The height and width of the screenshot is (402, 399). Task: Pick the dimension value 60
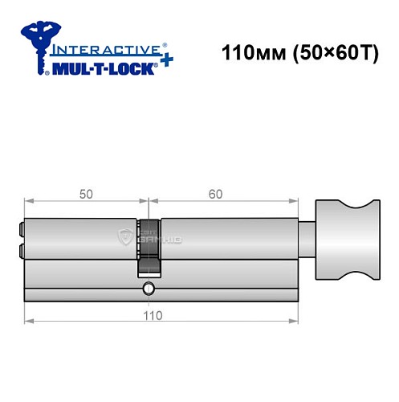pos(215,194)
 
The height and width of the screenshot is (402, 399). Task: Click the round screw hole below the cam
pos(147,287)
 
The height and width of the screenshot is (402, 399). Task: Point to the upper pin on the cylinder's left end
pos(21,228)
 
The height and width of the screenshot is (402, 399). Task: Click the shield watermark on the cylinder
pos(126,236)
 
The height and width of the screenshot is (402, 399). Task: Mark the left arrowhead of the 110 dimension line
pos(29,321)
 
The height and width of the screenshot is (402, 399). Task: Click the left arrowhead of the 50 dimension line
pos(29,203)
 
